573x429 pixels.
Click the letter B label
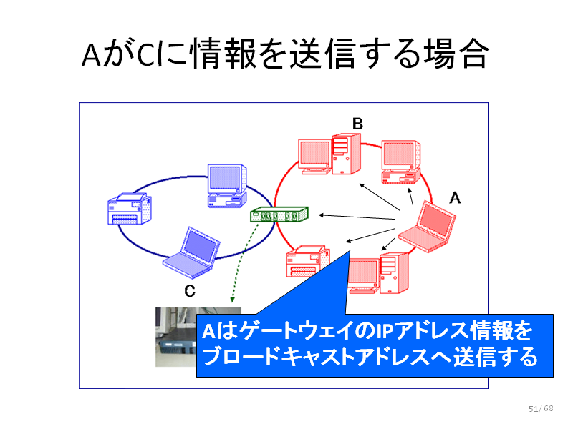357,124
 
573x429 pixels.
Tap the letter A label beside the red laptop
455,198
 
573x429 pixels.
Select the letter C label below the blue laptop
190,291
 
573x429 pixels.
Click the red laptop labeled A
427,227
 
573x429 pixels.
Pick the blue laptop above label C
191,253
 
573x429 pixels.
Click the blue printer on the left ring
130,209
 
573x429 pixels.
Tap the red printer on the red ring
308,260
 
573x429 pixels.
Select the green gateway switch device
279,214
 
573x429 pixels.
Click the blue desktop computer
227,186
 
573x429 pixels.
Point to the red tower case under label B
347,154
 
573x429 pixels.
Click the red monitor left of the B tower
314,157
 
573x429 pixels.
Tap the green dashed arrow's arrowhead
232,300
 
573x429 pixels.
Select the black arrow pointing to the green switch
357,217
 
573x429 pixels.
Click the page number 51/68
541,408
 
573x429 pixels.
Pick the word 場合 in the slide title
456,54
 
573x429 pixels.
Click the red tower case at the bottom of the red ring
394,273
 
